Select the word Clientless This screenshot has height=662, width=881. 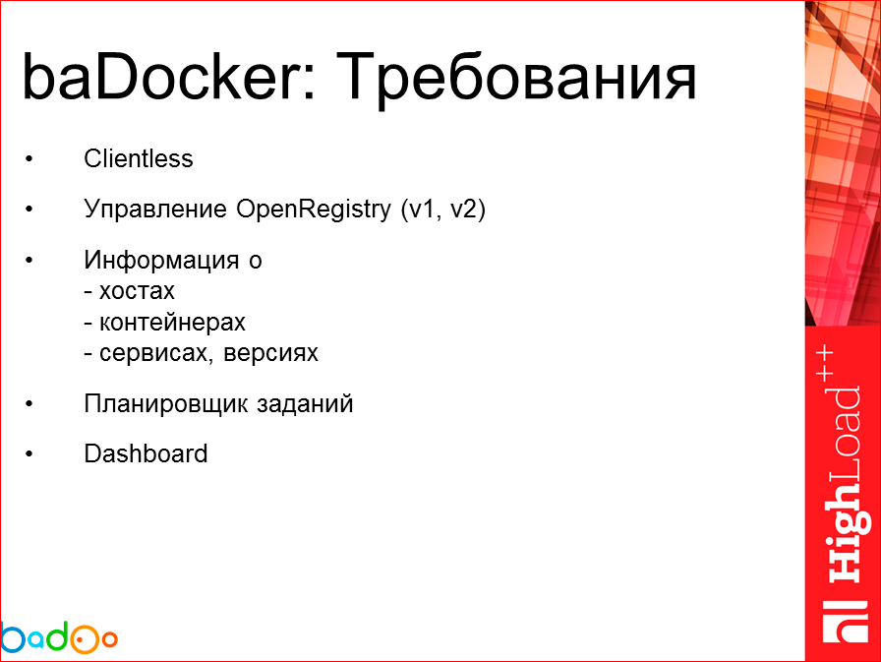(x=139, y=159)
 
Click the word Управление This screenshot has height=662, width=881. (x=156, y=211)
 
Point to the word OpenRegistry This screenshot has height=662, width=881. (x=315, y=211)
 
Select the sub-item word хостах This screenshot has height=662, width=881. (x=137, y=291)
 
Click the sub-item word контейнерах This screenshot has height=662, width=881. (x=172, y=322)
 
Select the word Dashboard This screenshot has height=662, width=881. (x=146, y=453)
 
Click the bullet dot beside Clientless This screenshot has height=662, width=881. (x=29, y=159)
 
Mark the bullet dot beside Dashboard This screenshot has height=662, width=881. (x=29, y=453)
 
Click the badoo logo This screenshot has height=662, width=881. (x=59, y=637)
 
